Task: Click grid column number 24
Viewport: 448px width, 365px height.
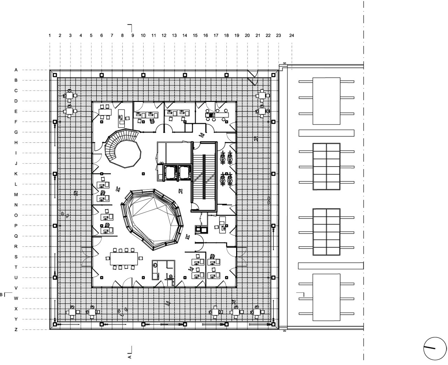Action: pos(292,35)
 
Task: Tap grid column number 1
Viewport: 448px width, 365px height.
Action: pos(50,35)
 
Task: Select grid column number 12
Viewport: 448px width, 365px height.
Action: pos(164,35)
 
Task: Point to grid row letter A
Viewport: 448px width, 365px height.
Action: pos(16,70)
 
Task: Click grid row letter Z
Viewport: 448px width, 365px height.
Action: pos(16,330)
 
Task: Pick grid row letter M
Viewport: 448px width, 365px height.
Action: pos(16,195)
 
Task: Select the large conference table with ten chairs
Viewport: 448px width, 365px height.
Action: pos(124,259)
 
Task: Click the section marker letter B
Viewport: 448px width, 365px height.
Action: pos(1,295)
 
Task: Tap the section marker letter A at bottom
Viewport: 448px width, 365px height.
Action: pos(129,357)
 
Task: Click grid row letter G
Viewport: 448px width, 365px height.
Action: pos(16,132)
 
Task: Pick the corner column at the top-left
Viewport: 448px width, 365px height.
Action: pos(55,74)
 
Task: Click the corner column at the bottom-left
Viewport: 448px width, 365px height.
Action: pos(55,324)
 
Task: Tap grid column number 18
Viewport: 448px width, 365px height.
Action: pos(226,35)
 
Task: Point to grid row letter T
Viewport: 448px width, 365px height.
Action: pos(16,267)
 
